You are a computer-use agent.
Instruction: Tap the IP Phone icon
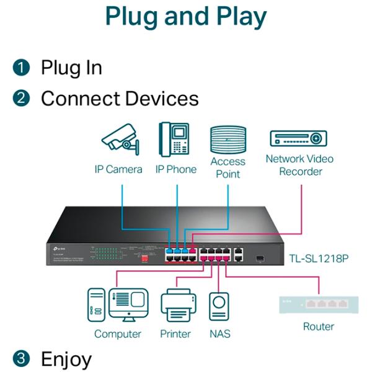[x=174, y=139]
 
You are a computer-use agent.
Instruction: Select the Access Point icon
[x=228, y=139]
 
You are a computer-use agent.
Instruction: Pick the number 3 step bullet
[x=22, y=358]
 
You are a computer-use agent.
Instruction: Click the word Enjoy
[x=66, y=358]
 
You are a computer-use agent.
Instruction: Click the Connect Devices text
[x=120, y=99]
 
